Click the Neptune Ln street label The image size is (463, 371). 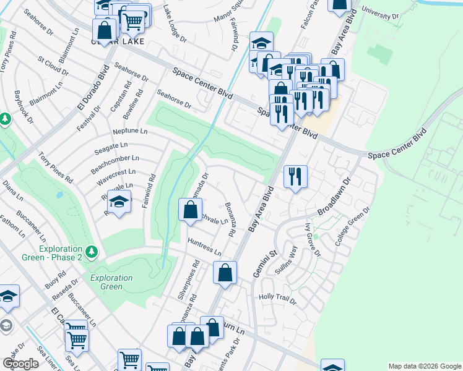point(131,131)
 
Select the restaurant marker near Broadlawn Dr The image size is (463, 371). point(295,176)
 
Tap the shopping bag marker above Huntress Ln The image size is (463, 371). point(189,209)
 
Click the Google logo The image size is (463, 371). point(20,364)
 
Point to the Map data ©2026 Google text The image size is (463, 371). point(424,365)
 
